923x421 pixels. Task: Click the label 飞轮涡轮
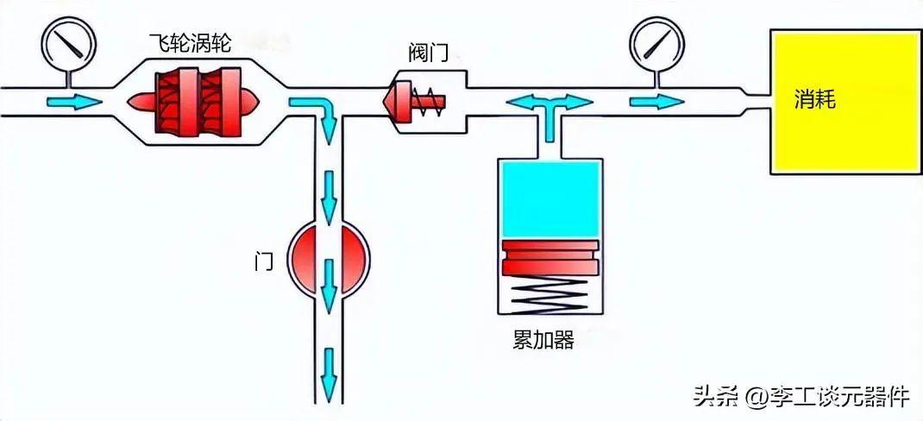[x=189, y=41]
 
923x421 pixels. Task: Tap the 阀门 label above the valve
[x=428, y=53]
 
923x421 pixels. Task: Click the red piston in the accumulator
[x=551, y=256]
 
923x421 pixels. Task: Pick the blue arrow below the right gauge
[x=654, y=102]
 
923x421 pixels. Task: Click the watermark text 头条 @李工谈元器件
[x=801, y=397]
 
